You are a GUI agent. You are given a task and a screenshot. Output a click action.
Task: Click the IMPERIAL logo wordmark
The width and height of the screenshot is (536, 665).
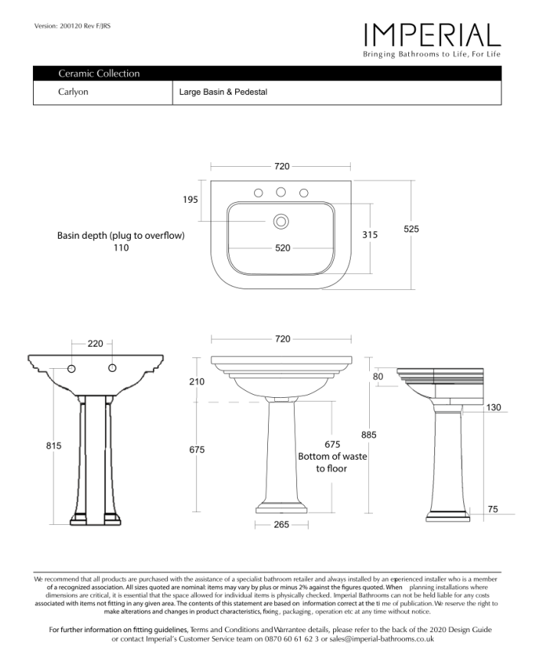click(432, 34)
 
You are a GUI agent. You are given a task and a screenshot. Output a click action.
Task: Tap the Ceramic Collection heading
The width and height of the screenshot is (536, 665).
click(99, 74)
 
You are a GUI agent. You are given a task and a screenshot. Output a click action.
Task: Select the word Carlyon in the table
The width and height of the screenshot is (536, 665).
click(74, 93)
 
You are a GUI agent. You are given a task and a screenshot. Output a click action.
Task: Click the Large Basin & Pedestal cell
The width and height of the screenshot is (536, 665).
click(223, 93)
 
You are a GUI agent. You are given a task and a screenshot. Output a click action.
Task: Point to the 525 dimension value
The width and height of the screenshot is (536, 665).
click(411, 229)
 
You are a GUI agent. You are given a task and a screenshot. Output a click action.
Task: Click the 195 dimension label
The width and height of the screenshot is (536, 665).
click(191, 199)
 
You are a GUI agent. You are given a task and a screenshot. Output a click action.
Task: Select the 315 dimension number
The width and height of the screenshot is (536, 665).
click(370, 235)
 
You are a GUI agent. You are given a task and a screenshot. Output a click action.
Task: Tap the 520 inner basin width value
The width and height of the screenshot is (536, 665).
click(282, 248)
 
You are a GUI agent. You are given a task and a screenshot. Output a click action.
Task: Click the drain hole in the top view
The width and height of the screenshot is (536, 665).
click(281, 222)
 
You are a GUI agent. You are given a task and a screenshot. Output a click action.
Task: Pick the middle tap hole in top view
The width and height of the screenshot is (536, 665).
click(281, 192)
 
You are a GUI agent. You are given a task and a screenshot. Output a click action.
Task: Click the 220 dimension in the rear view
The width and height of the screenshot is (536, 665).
click(95, 344)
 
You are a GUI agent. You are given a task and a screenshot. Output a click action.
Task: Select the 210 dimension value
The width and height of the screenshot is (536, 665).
click(197, 381)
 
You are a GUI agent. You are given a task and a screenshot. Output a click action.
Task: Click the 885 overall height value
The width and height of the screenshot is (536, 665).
click(369, 435)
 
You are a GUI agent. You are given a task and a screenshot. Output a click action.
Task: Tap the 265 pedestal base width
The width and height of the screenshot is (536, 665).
click(281, 525)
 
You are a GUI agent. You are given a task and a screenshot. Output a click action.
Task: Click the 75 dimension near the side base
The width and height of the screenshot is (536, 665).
click(493, 508)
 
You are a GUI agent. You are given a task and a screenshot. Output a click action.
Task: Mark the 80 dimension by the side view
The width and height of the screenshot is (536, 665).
click(377, 377)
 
